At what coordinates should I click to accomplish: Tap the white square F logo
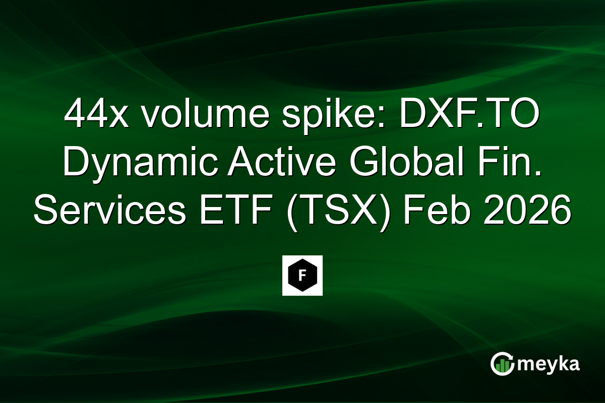pyautogui.click(x=302, y=276)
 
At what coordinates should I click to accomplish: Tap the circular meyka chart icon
pyautogui.click(x=502, y=364)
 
